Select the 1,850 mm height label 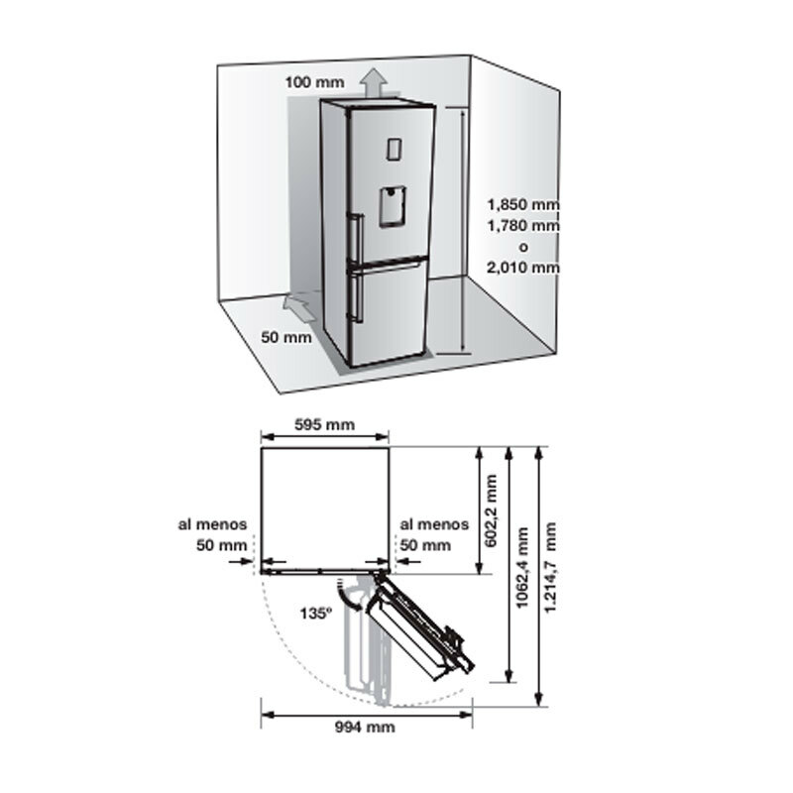pos(523,205)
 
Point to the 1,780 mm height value pos(523,226)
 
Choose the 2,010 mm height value pos(523,267)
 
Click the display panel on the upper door pos(391,148)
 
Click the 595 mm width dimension pos(325,425)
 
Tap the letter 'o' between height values pos(523,247)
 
